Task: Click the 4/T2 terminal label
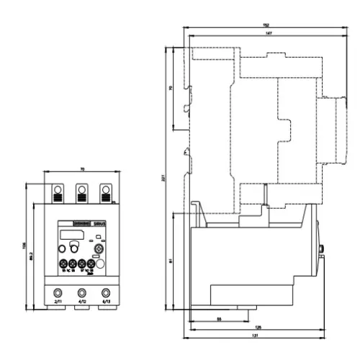pyautogui.click(x=81, y=302)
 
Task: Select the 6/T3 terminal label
pyautogui.click(x=107, y=302)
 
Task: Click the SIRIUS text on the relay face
pyautogui.click(x=99, y=225)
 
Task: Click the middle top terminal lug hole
pyautogui.click(x=81, y=191)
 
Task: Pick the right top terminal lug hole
pyautogui.click(x=106, y=191)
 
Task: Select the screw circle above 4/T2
pyautogui.click(x=81, y=292)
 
